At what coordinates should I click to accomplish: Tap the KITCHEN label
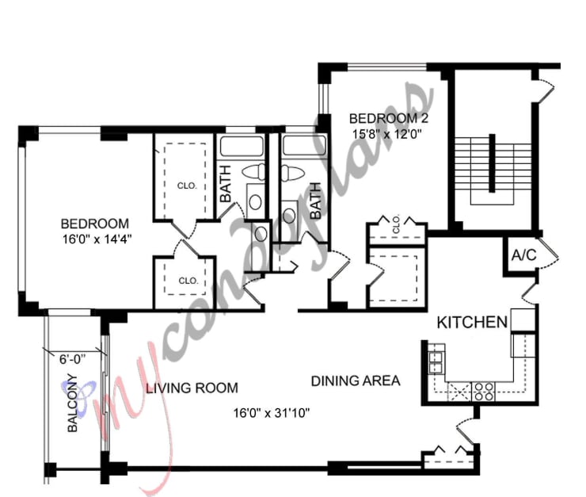(x=472, y=323)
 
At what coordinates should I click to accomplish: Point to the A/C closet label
(x=523, y=256)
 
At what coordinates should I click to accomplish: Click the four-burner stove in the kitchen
(x=482, y=390)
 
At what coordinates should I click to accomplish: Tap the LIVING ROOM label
(x=192, y=388)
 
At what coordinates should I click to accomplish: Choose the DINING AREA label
(x=355, y=381)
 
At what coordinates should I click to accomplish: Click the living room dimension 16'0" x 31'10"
(x=271, y=413)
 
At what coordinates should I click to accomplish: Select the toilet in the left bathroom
(x=254, y=170)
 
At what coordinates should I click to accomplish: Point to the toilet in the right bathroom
(x=292, y=171)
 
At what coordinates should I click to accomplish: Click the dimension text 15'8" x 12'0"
(x=386, y=134)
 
